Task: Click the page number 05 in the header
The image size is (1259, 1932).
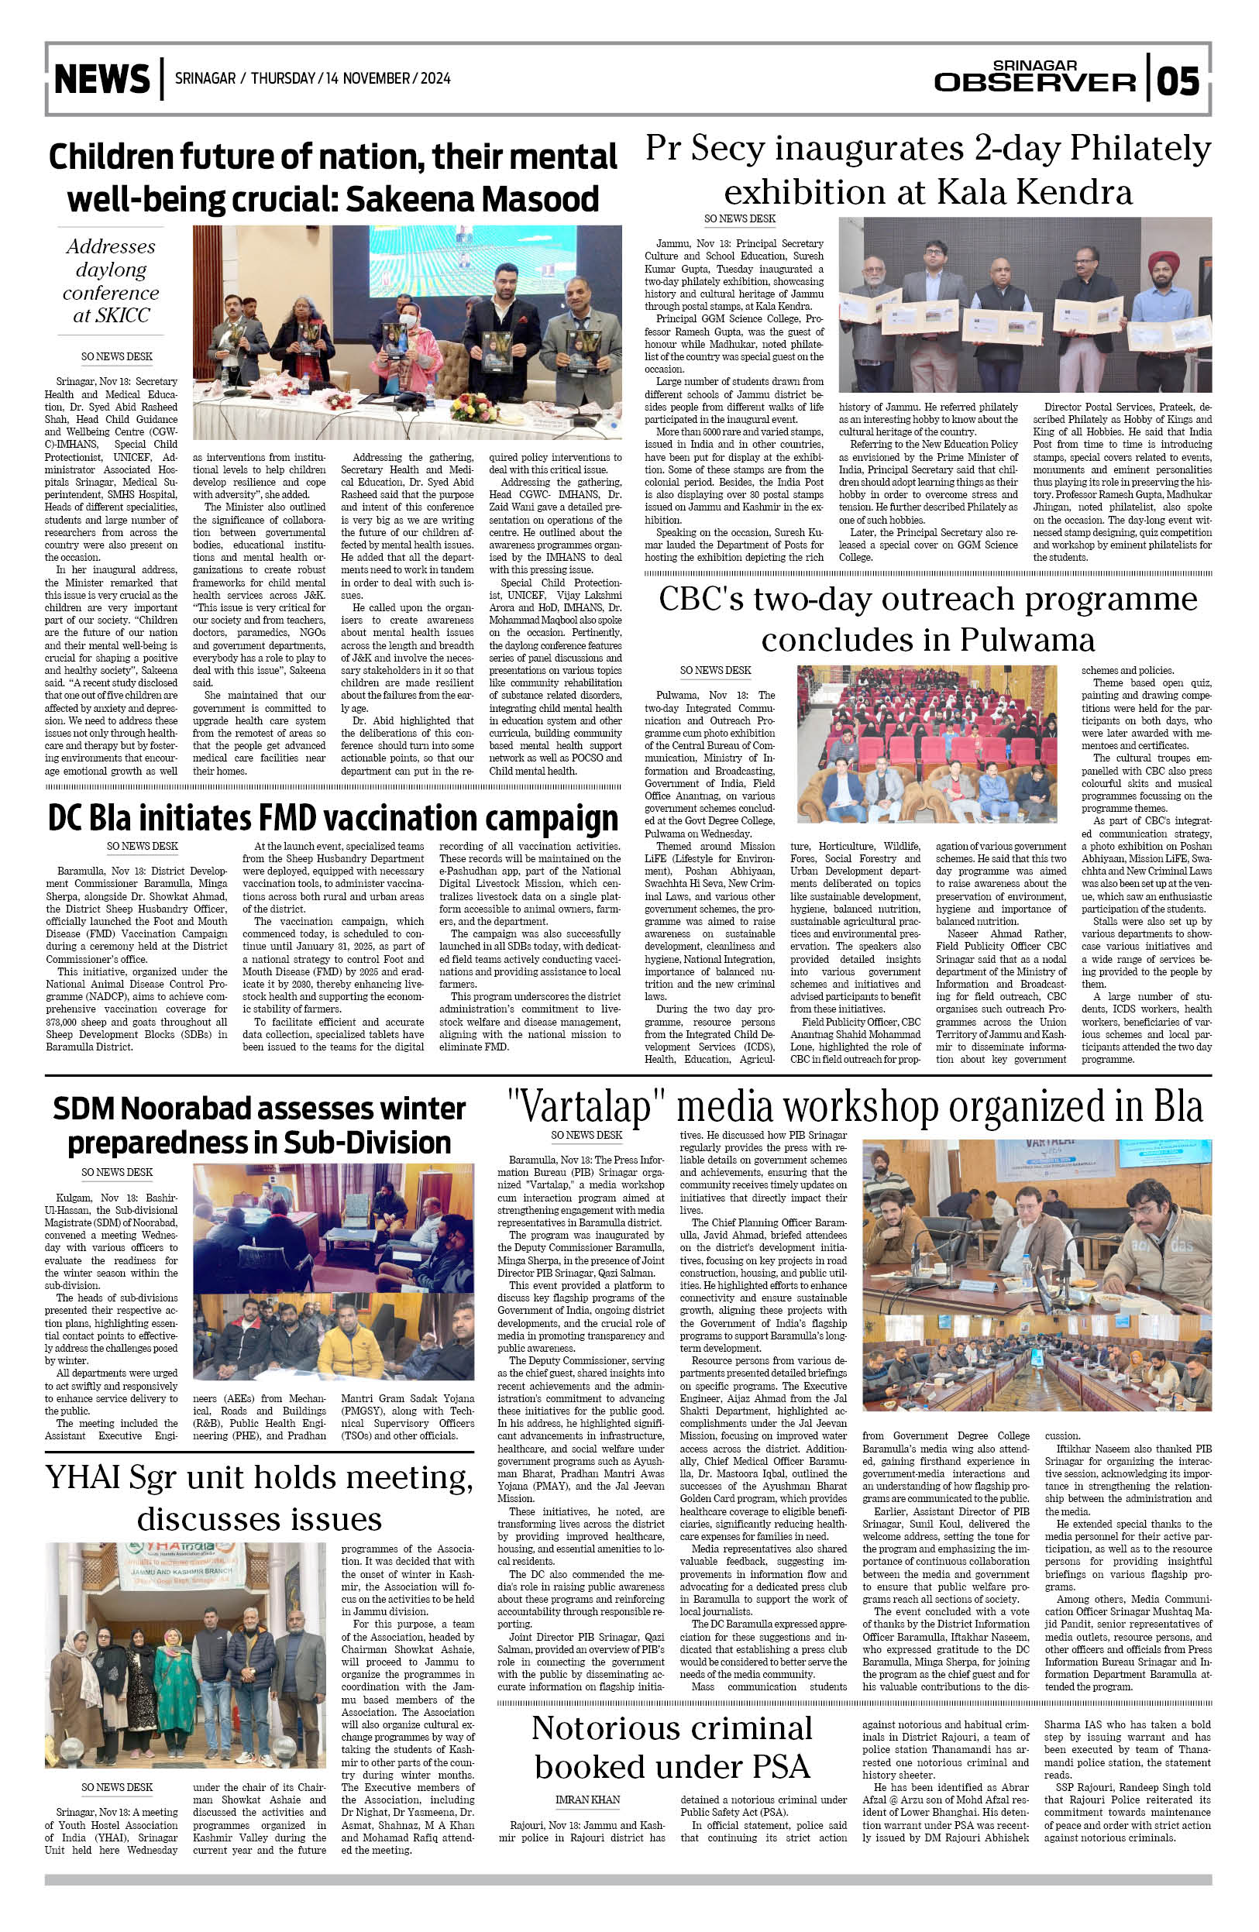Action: point(1178,81)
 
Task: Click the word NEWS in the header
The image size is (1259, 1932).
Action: point(102,79)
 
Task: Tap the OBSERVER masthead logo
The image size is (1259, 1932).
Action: point(1034,81)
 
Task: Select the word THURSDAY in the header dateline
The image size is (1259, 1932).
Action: point(283,79)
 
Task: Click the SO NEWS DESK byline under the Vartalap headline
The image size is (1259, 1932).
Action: point(586,1135)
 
